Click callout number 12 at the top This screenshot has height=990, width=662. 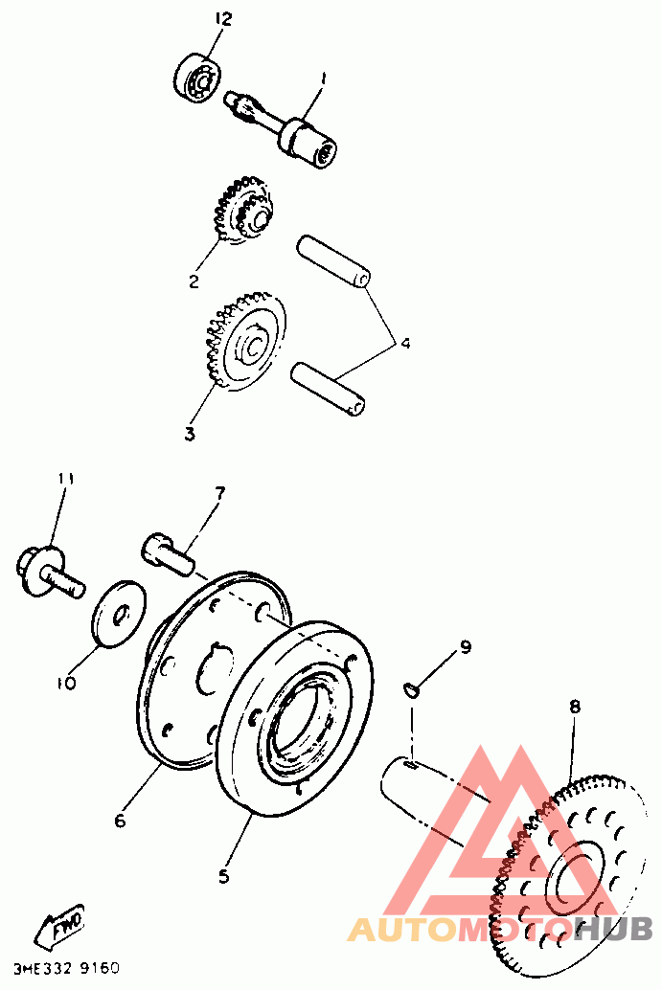coord(223,19)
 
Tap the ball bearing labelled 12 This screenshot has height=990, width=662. coord(197,79)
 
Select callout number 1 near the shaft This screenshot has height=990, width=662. coord(324,79)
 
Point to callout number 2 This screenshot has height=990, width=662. coord(194,281)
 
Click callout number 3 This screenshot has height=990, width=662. coord(190,434)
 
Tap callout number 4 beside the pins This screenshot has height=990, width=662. coord(405,344)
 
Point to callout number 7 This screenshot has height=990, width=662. coord(219,493)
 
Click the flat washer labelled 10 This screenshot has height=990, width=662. coord(120,614)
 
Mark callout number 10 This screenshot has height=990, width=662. coord(68,684)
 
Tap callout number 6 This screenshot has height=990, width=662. coord(120,820)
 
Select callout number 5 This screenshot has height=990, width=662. coord(223,876)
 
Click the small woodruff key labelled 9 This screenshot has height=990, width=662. coord(411,690)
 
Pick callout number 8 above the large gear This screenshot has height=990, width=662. coord(574,707)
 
